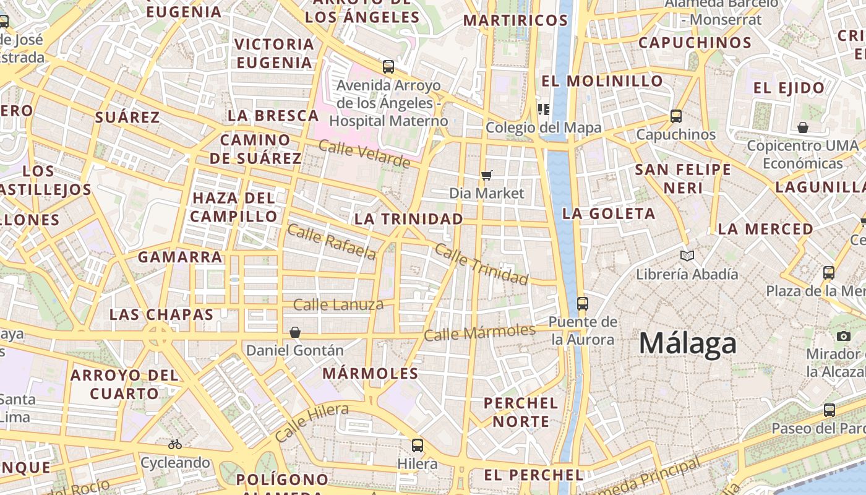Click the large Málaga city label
688,343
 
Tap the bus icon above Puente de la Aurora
582,303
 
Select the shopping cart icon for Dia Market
487,175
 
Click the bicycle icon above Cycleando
175,444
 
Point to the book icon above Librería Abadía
687,256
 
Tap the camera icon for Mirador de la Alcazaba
843,336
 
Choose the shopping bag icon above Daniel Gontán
295,332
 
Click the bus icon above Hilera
418,445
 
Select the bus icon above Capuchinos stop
675,116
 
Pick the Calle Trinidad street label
482,264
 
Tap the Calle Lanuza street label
338,304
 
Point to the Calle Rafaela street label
332,241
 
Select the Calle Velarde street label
364,154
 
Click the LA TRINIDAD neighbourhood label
408,218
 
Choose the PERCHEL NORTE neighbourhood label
520,412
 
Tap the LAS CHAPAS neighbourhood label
161,314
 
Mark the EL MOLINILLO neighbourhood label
602,81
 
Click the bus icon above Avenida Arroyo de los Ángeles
388,67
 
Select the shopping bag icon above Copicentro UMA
802,127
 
